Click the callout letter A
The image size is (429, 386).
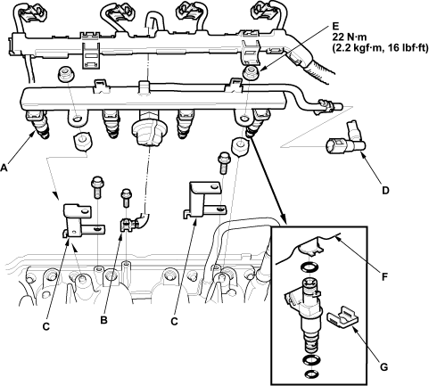coord(4,168)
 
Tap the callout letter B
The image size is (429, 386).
coord(103,320)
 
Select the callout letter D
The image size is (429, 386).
coord(385,190)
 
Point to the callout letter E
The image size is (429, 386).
coord(335,26)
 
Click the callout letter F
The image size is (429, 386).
coord(384,277)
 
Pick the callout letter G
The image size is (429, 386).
coord(384,367)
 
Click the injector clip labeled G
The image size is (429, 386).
coord(342,316)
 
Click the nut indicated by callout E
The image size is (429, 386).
coord(251,73)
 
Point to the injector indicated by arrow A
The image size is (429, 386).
coord(37,124)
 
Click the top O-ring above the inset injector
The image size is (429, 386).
coord(309,267)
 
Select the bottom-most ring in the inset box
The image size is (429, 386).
coord(311,374)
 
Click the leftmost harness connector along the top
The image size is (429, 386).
coord(31,11)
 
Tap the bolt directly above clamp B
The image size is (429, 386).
coord(126,198)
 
